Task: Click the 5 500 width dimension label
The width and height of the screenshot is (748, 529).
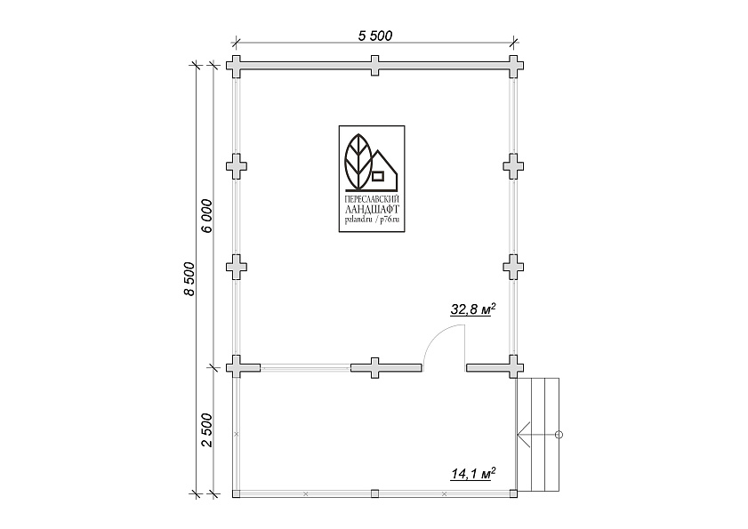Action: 375,36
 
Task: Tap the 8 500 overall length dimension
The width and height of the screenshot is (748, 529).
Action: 189,278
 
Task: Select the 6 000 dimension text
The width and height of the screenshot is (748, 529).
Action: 206,216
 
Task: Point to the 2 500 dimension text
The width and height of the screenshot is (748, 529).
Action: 206,430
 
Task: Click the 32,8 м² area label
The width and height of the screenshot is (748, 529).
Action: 473,309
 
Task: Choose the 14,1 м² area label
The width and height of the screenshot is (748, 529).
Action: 473,474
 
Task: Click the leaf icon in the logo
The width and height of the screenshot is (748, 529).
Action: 358,161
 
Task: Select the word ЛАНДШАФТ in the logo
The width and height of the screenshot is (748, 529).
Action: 372,210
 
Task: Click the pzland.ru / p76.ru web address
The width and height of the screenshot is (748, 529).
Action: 372,219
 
